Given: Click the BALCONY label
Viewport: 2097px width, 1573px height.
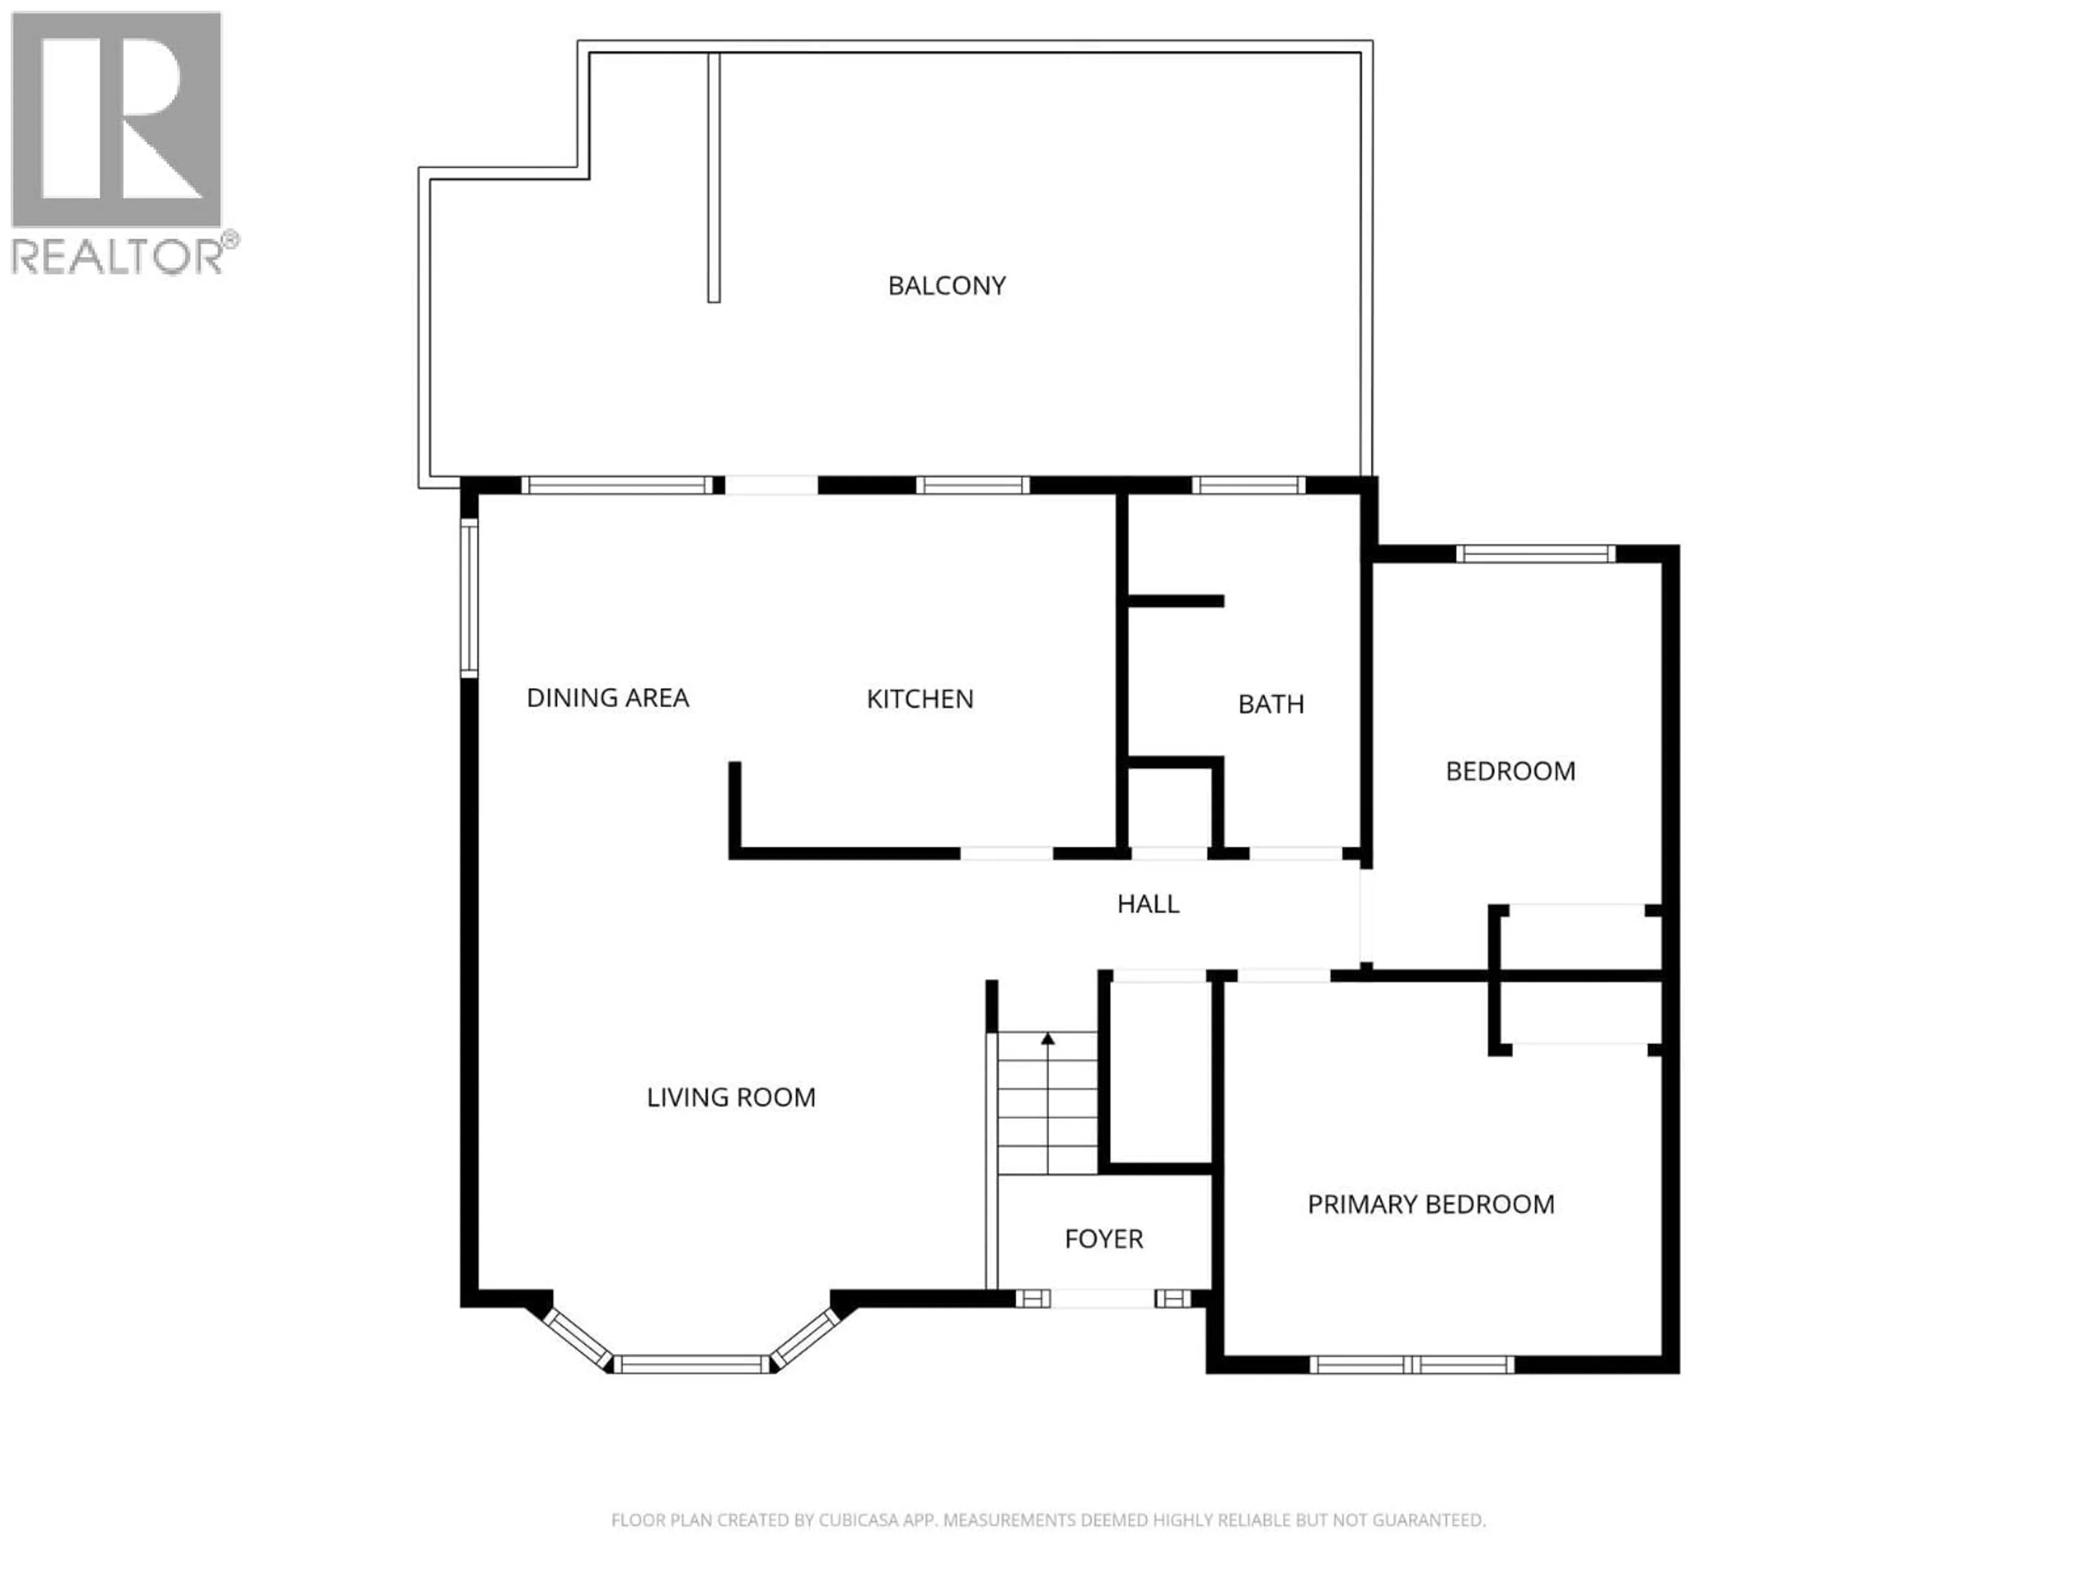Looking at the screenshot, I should click(x=946, y=286).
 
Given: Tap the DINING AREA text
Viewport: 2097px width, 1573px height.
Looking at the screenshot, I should click(x=607, y=698).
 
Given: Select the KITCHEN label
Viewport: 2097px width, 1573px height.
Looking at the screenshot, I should click(x=920, y=699).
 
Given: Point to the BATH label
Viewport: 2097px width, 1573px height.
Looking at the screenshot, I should click(x=1270, y=703).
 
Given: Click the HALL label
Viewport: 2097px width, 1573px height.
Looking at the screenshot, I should click(x=1147, y=903).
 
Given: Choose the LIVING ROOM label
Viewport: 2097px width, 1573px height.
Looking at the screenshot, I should click(x=731, y=1097).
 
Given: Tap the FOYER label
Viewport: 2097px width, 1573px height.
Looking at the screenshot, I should click(x=1104, y=1238).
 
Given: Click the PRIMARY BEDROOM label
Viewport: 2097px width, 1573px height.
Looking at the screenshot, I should click(x=1431, y=1204).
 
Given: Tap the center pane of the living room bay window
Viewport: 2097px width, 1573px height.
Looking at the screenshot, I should click(x=691, y=1364).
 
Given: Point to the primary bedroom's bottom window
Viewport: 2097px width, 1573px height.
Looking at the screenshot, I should click(x=1412, y=1364).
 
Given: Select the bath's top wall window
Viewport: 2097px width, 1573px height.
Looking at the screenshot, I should click(x=1248, y=486).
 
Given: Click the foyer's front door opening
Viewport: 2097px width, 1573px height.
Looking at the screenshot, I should click(x=1103, y=1298).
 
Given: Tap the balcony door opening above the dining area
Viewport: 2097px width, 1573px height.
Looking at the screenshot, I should click(x=771, y=486).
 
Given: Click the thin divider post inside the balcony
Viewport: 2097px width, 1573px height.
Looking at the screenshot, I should click(x=714, y=178).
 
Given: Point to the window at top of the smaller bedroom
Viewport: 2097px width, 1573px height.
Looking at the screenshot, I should click(x=1535, y=554).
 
